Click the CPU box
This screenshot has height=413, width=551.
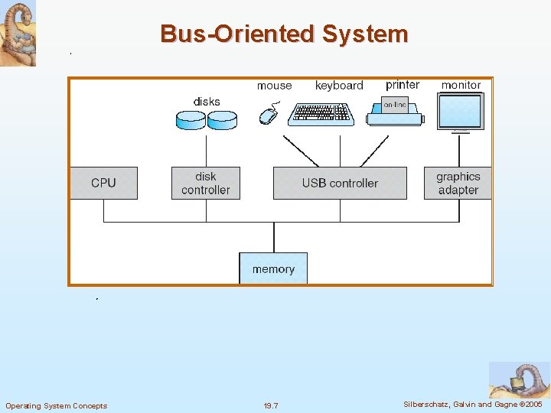point(103,184)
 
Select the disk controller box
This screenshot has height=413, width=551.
point(206,184)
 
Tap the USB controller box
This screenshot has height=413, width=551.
point(340,184)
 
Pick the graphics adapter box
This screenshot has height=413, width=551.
point(458,184)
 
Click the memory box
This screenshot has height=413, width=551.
point(273,268)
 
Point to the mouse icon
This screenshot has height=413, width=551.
point(268,115)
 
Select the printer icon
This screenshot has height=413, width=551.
point(395,112)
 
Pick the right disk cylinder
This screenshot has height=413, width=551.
point(223,119)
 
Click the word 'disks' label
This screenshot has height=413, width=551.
point(207,102)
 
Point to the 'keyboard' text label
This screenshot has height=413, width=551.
point(339,86)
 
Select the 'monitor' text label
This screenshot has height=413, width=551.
point(461,85)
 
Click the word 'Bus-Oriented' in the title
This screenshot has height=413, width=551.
point(237,34)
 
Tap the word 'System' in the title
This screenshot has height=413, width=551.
point(365,34)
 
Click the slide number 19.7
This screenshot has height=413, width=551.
point(271,405)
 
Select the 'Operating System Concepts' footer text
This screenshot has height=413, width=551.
point(57,405)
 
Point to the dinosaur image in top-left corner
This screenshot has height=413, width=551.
point(18,33)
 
